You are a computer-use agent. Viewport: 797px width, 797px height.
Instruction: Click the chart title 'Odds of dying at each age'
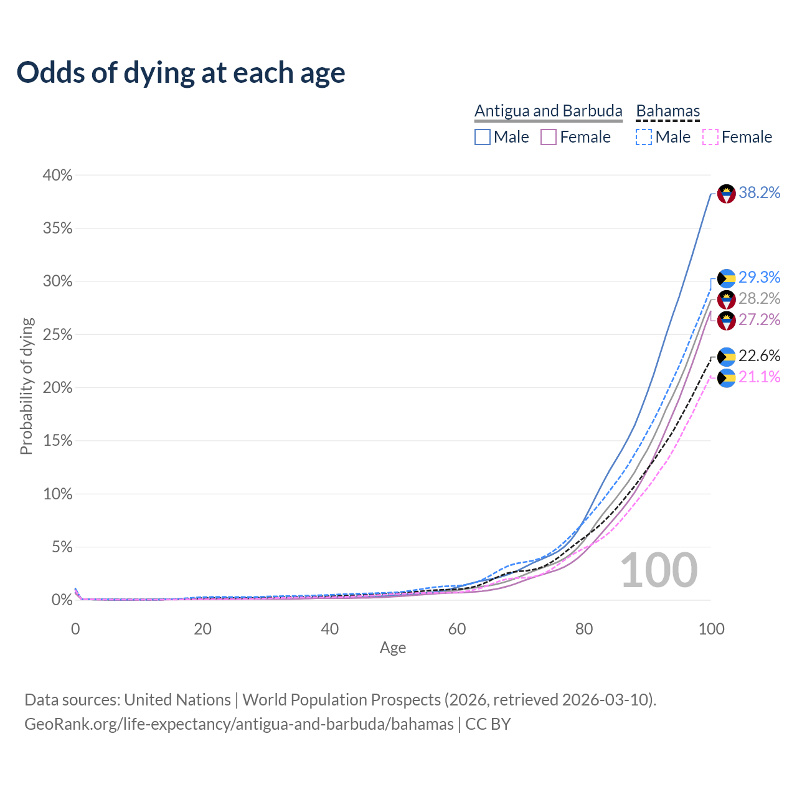(181, 73)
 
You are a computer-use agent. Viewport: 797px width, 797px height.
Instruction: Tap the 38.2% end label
(759, 193)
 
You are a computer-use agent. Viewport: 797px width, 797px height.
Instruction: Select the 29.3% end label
(759, 277)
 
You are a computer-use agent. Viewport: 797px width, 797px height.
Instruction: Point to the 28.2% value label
(759, 299)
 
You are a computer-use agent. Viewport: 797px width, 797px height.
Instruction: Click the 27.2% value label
(759, 320)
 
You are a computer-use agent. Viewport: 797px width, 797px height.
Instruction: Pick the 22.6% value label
(759, 356)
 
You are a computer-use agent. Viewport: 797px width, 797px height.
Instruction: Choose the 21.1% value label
(759, 377)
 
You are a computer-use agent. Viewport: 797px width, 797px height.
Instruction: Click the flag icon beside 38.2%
(727, 194)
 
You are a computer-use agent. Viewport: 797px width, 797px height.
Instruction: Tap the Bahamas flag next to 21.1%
(727, 378)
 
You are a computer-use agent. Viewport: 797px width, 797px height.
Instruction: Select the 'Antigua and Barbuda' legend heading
(548, 111)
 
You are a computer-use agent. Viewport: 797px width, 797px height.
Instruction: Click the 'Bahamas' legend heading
(667, 111)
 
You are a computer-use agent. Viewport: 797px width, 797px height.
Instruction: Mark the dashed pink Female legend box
(710, 137)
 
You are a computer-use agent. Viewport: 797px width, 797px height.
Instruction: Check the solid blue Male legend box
(483, 137)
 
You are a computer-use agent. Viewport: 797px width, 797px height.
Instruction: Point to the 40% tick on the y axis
(57, 176)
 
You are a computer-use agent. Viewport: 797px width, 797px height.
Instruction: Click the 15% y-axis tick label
(57, 441)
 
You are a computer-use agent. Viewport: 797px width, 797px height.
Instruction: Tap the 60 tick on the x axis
(457, 629)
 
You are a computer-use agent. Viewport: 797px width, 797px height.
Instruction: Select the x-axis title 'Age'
(393, 648)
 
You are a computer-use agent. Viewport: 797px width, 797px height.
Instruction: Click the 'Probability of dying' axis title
(26, 386)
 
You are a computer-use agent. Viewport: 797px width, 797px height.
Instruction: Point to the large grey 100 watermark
(659, 570)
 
